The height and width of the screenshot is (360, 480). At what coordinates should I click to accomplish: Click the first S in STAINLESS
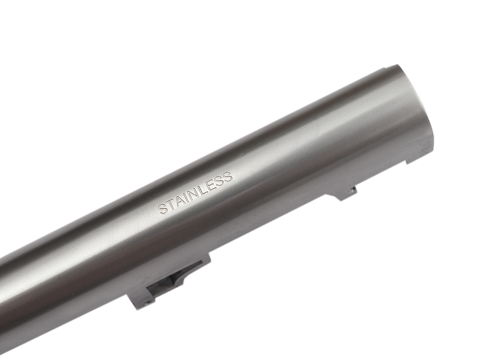click(163, 209)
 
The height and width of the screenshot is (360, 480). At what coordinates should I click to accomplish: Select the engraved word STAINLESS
click(195, 193)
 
